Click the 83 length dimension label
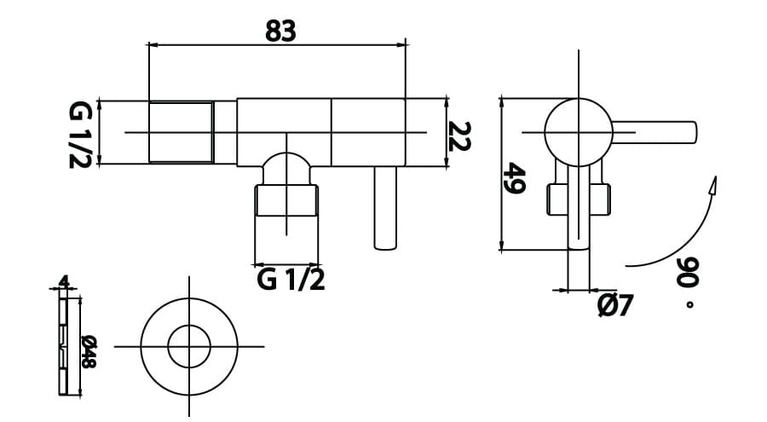[280, 31]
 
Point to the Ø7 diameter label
[614, 304]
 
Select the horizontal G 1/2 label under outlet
[291, 279]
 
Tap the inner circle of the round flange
[188, 346]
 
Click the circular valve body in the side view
[578, 132]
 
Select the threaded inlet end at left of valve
[181, 132]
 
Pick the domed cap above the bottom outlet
[286, 165]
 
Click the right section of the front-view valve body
[367, 131]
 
